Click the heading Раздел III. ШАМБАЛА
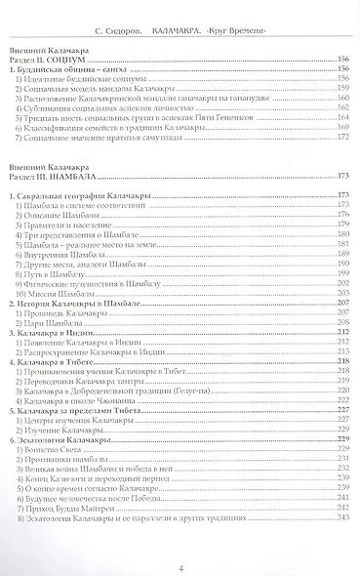58,176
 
